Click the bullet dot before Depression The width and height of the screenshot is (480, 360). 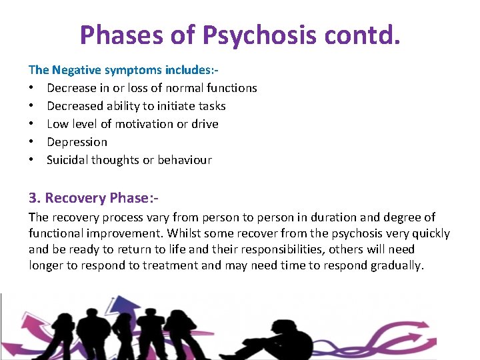(x=31, y=142)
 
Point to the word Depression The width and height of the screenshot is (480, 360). (x=77, y=142)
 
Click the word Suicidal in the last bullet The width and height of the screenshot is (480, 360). (x=67, y=160)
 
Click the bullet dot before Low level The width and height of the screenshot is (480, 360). (x=31, y=124)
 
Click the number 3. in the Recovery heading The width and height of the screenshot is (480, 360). (x=35, y=198)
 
